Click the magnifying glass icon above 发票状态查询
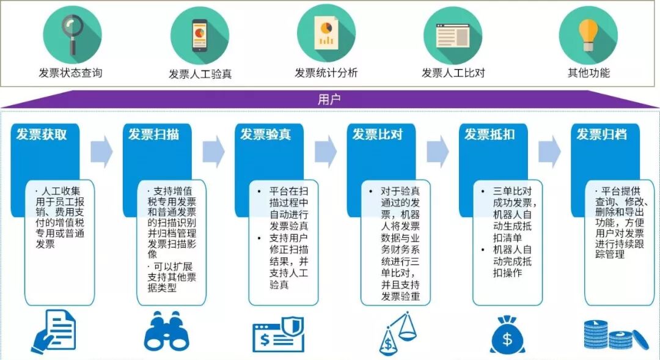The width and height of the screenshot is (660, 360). (x=72, y=31)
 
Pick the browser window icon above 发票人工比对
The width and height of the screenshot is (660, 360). (x=453, y=34)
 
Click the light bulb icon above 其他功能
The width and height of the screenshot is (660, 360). (x=588, y=34)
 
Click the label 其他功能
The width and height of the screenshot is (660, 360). (x=588, y=73)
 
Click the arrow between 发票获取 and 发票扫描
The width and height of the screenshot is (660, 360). (x=101, y=152)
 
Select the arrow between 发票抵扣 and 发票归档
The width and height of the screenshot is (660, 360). (x=549, y=152)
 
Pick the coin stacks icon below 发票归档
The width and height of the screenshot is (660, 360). (x=612, y=336)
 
